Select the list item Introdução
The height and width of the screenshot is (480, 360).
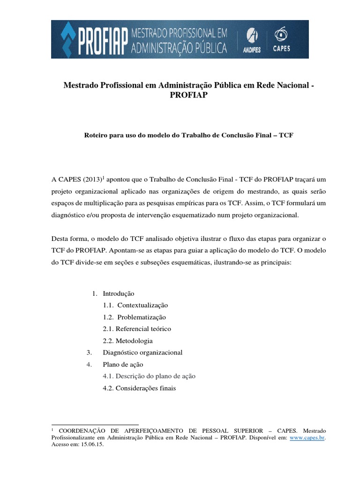[119, 293]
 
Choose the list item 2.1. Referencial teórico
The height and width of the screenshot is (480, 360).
[137, 329]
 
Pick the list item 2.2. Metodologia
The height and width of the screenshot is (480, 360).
[127, 341]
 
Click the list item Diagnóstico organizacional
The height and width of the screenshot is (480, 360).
[142, 352]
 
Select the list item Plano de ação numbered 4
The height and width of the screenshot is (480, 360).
[123, 364]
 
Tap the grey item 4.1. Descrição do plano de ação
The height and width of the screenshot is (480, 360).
[149, 376]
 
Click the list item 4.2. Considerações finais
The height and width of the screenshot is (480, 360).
[139, 388]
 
